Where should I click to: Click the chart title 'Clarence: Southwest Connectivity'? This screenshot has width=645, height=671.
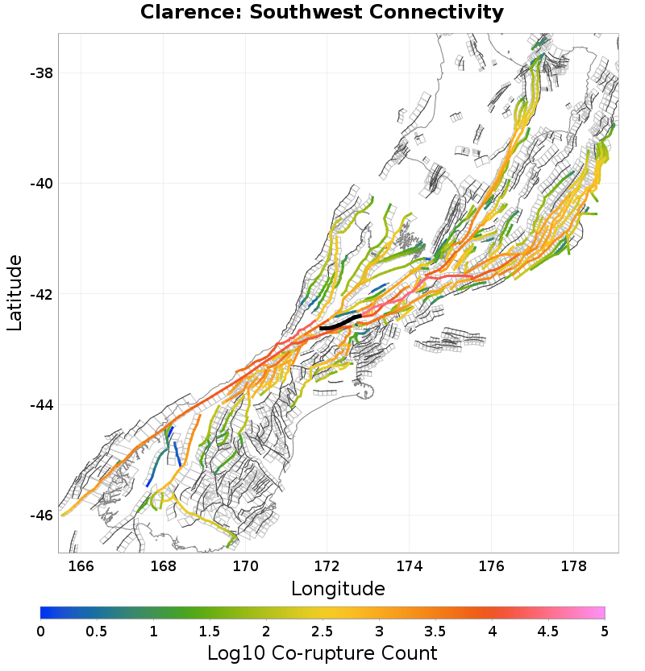coord(322,13)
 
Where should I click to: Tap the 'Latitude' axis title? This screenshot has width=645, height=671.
coord(15,292)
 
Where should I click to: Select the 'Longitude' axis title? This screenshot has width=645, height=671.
coord(338,589)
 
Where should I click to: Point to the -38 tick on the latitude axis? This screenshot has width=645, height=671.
coord(40,73)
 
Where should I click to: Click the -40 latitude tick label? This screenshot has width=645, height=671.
coord(40,184)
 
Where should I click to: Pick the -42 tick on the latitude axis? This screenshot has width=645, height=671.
coord(40,294)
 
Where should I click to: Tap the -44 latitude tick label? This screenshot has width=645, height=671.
coord(40,404)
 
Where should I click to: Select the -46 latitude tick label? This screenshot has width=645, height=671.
coord(40,515)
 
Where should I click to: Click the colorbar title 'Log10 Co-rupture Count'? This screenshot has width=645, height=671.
coord(322,652)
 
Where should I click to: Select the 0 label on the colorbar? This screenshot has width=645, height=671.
coord(40,631)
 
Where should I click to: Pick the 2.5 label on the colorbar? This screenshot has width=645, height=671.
coord(322,631)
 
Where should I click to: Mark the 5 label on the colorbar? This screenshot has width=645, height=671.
coord(605,631)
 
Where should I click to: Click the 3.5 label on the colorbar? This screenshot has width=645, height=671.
coord(435,631)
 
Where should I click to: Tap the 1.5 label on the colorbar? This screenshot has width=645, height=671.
coord(210,631)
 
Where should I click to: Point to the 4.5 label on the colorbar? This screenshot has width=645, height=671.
coord(548,631)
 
